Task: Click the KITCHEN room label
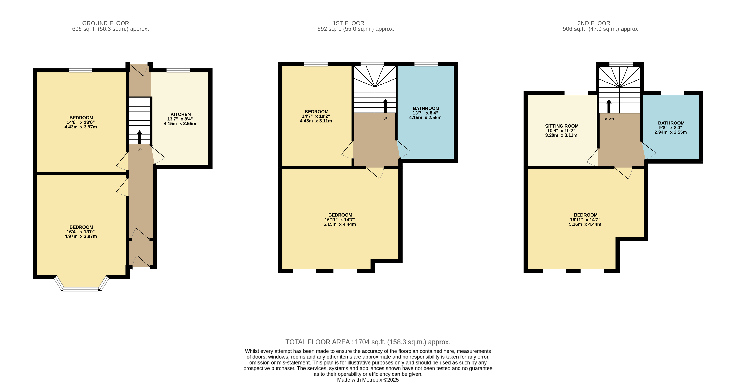coord(180,114)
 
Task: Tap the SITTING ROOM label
coord(562,126)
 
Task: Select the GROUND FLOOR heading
coord(106,23)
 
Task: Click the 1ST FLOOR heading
coord(348,23)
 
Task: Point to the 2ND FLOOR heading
coord(594,23)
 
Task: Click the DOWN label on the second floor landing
coord(609,119)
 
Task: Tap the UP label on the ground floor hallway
coord(139,150)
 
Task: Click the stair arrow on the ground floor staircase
coord(139,137)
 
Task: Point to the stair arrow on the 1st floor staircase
coord(386,106)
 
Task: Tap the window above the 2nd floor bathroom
coord(673,93)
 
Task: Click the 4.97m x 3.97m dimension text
coord(81,236)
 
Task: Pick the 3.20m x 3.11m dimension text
coord(561,135)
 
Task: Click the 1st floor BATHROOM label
coord(426,108)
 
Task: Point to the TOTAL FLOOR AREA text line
coord(368,342)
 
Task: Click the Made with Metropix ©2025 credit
coord(368,380)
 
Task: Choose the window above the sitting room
coord(576,93)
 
